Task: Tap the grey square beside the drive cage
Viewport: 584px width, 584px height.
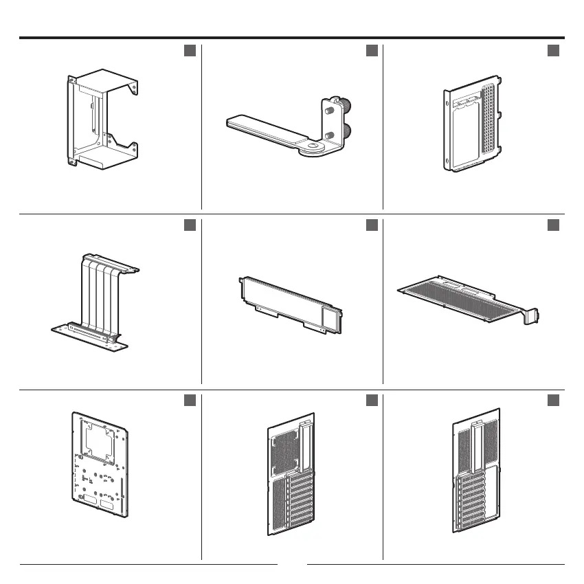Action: (x=190, y=51)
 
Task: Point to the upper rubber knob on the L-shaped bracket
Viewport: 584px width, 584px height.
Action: (x=341, y=106)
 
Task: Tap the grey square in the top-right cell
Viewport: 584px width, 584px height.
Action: (x=553, y=51)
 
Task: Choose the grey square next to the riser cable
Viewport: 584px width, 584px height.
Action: (x=190, y=225)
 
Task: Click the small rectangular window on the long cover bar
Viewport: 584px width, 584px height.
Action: (x=329, y=317)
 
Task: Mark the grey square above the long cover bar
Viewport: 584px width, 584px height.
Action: (x=372, y=225)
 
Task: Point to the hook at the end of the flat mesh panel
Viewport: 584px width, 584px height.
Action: (x=532, y=317)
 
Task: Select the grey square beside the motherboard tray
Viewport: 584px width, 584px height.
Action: (x=190, y=400)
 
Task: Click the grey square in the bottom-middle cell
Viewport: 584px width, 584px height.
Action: (x=372, y=400)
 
